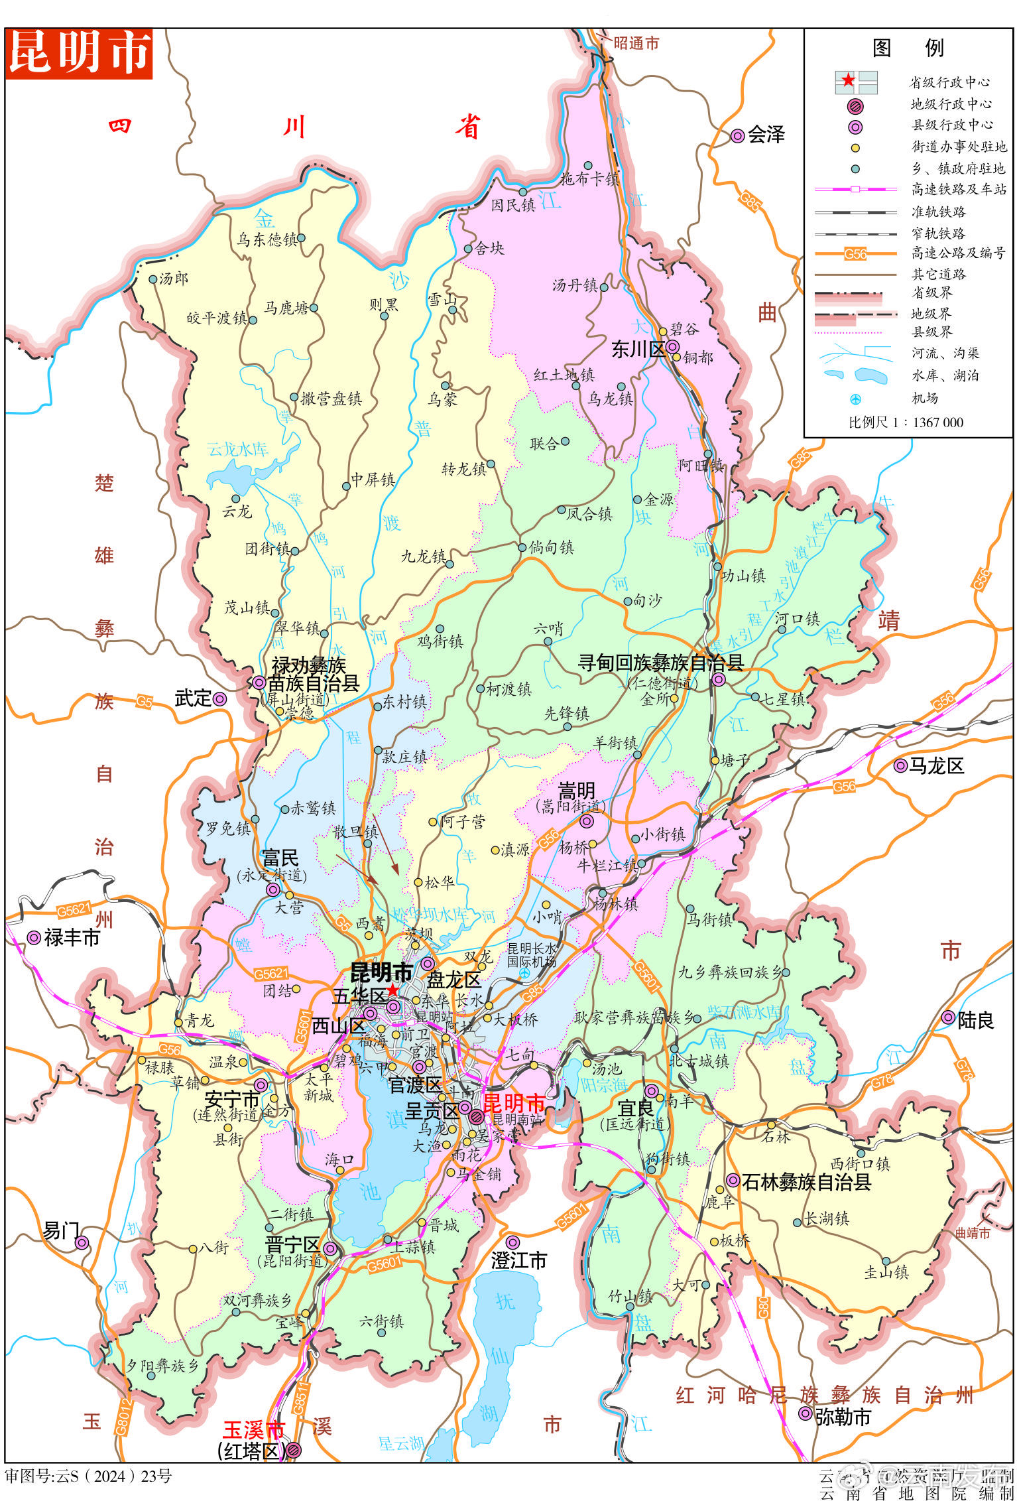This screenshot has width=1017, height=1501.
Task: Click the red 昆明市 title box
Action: tap(79, 53)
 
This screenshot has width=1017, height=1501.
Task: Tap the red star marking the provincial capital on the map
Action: tap(392, 990)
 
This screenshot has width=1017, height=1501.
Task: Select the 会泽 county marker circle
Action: tap(737, 136)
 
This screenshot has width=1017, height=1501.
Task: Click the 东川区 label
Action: tap(637, 350)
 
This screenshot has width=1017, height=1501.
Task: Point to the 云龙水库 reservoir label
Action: tap(237, 449)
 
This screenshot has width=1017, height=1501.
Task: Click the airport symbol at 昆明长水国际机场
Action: tap(524, 973)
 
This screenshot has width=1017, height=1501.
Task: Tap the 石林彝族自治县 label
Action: tap(806, 1181)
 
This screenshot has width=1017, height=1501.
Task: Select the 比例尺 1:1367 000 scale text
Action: tap(906, 423)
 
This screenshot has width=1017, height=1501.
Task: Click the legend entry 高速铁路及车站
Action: tap(958, 190)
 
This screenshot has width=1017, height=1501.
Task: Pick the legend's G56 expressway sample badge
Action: tap(855, 253)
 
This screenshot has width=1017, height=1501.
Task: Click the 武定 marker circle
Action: tap(219, 698)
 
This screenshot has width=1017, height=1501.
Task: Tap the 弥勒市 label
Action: tap(842, 1417)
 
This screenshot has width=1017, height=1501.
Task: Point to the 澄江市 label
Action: tap(518, 1260)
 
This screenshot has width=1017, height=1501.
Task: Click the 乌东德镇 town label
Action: tap(267, 239)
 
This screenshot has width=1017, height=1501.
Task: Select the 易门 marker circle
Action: tap(82, 1243)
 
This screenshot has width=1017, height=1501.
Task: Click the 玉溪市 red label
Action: tap(253, 1428)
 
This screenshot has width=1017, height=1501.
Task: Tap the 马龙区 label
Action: tap(935, 766)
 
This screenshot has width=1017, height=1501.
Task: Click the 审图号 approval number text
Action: tap(88, 1476)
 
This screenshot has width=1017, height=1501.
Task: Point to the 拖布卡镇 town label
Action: tap(589, 178)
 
